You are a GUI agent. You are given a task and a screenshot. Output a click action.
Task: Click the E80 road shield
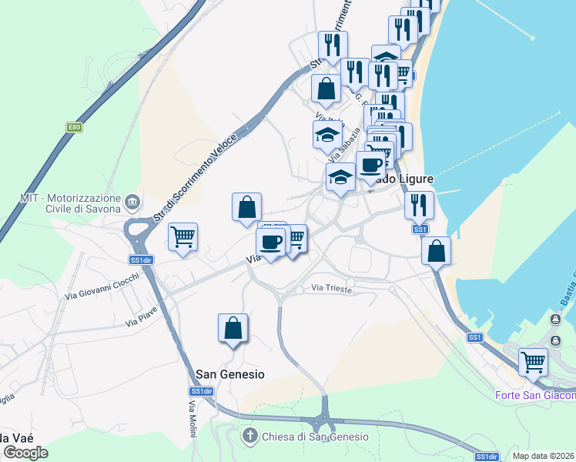tap(73, 127)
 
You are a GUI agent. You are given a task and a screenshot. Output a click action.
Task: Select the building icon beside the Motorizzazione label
tap(132, 202)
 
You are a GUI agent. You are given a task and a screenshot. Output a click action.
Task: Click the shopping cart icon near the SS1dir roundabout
tap(183, 236)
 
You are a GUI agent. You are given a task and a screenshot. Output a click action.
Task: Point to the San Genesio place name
tap(230, 374)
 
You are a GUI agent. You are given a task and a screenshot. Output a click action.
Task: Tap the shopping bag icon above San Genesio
tap(233, 328)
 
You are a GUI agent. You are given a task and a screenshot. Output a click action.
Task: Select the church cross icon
tap(249, 437)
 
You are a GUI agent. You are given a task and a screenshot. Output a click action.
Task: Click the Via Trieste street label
tap(332, 289)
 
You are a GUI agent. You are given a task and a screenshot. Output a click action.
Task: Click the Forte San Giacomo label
tap(534, 396)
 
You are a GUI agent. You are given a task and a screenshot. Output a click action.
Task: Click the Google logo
tap(25, 452)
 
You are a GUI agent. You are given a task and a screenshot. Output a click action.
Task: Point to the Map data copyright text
tap(544, 456)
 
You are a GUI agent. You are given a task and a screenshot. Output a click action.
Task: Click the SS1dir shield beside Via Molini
tap(202, 391)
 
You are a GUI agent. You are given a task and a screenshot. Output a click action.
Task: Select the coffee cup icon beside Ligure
tap(370, 165)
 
